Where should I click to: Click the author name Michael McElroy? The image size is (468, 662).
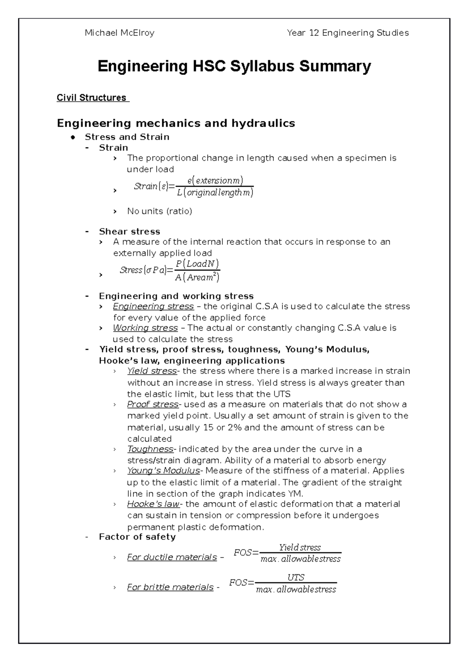coord(119,33)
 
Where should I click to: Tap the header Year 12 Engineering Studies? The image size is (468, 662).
coord(347,33)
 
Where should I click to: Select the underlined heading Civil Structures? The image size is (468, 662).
coord(92,98)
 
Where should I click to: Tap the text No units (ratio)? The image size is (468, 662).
coord(160,211)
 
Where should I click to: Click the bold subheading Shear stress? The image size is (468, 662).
coord(129,232)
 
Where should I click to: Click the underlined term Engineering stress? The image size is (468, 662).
coord(153,306)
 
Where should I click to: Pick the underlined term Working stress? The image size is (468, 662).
coord(145,328)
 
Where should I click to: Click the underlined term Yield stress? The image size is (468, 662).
coord(152,371)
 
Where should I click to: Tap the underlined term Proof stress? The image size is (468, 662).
coord(152,404)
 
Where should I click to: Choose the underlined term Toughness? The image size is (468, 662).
coord(150,449)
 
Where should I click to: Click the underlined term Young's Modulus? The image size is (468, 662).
coord(163,471)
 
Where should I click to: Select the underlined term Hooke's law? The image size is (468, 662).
coord(153,504)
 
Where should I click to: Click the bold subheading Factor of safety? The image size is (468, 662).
coord(137,537)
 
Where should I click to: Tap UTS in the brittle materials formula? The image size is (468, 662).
coord(296,577)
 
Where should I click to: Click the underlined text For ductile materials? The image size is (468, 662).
coord(172,557)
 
